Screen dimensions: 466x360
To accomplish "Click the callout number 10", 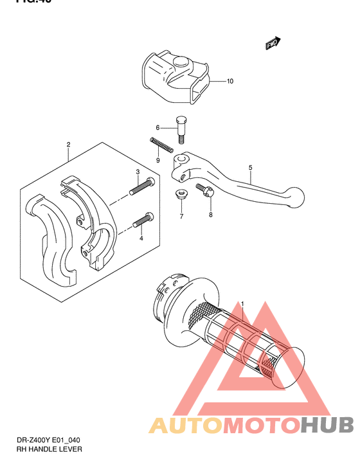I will pos(230,82).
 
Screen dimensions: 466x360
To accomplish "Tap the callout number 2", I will pos(68,145).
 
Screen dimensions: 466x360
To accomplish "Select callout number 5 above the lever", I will pos(250,168).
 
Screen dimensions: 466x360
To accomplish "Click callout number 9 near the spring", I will pos(157,159).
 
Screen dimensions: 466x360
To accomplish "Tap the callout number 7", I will pos(181,216).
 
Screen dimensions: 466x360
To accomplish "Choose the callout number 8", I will pos(210,215).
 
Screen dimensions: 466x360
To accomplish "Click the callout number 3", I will pos(138,172).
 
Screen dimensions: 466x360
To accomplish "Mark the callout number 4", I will pos(140,238).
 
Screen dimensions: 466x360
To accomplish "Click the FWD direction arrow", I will pos(272,43).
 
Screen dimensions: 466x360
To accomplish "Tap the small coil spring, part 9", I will pos(162,146).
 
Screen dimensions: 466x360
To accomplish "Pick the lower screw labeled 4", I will pos(143,220).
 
